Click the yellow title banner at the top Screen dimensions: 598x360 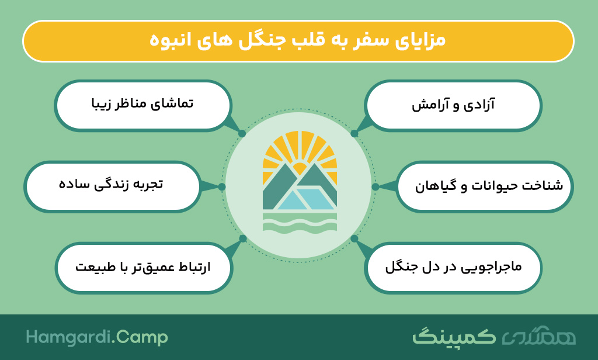click(298, 41)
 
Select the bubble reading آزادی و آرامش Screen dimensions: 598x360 click(453, 105)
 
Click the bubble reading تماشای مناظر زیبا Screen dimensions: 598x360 click(143, 105)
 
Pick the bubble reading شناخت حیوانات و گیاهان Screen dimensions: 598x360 click(485, 186)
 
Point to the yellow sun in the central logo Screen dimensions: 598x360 click(300, 153)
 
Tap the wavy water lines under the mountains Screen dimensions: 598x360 click(300, 223)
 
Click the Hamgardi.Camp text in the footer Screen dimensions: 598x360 click(97, 337)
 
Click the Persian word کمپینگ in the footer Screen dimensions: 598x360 click(454, 336)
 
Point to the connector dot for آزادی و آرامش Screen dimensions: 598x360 click(354, 134)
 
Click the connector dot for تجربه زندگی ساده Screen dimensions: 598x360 click(222, 186)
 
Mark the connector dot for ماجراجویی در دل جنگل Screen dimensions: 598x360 click(354, 238)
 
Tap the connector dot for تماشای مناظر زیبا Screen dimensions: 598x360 click(242, 134)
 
